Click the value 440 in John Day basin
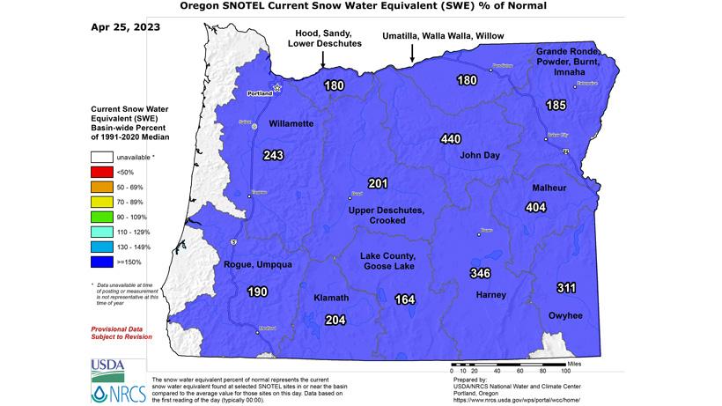coord(451,139)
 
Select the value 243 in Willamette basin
coord(273,155)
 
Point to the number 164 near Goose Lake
coord(405,299)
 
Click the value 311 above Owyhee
coord(567,288)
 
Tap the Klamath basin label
coord(332,299)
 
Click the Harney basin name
coord(491,294)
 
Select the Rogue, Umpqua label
coord(257,265)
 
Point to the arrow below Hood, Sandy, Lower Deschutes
coord(323,59)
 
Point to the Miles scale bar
coord(505,363)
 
